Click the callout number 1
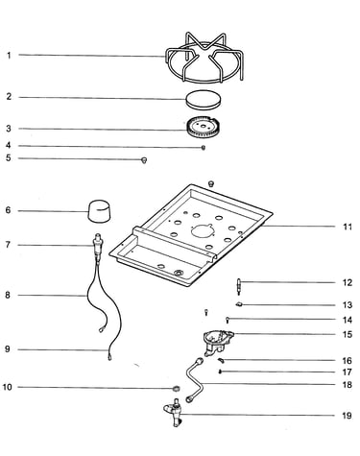coord(9,56)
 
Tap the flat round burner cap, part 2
coord(204,99)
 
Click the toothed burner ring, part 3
coord(204,129)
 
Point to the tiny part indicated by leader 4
coord(204,148)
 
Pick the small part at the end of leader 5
coord(144,159)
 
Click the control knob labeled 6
coord(99,211)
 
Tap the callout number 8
coord(8,295)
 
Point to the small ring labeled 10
coord(176,389)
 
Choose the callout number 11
coord(348,228)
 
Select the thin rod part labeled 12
coord(239,286)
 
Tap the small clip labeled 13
coord(239,304)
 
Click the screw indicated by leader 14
coord(228,320)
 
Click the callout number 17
coord(348,372)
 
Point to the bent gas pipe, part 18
coord(196,381)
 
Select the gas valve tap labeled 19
coord(174,412)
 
